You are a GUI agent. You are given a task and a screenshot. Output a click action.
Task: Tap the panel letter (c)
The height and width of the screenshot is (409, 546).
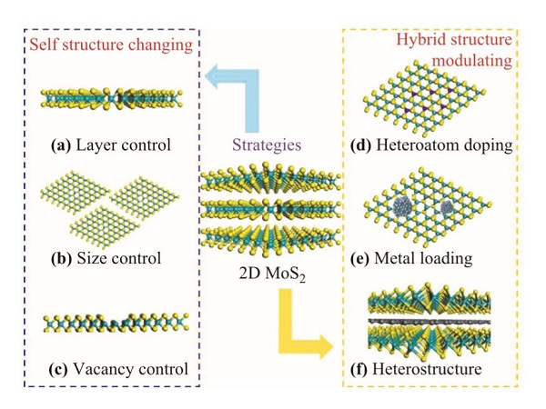point(60,369)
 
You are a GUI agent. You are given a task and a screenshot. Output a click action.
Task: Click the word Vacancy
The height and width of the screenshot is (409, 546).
point(108,369)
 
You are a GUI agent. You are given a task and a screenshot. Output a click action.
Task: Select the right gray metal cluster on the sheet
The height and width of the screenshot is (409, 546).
point(448,207)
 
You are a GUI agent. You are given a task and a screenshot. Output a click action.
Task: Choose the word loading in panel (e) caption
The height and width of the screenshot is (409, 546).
point(448,258)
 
